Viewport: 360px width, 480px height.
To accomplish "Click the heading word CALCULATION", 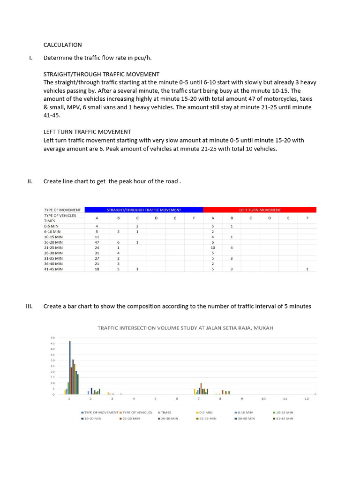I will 62,45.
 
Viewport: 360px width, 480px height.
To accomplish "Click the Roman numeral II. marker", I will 30,181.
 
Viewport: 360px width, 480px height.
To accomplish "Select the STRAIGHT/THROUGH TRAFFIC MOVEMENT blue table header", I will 144,210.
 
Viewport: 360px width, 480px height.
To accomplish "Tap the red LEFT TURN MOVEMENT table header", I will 260,210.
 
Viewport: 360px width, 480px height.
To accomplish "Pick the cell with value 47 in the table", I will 97,242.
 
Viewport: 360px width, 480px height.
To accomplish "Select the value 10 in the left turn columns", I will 212,247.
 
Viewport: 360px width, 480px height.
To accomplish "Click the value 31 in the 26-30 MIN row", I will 97,253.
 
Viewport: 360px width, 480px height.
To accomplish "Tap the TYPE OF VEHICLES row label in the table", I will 60,215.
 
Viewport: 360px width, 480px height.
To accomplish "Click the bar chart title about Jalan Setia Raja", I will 185,328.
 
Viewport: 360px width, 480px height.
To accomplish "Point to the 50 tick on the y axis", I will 53,338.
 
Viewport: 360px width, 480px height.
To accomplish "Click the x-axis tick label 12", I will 307,399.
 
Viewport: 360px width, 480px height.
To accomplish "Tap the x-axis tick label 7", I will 199,399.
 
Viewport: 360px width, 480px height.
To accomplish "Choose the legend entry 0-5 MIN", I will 205,412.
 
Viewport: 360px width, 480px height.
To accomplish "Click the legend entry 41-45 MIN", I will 283,418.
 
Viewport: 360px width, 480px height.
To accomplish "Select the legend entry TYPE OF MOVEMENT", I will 101,412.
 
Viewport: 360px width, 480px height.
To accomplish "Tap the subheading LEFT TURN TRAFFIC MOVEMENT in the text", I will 87,132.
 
